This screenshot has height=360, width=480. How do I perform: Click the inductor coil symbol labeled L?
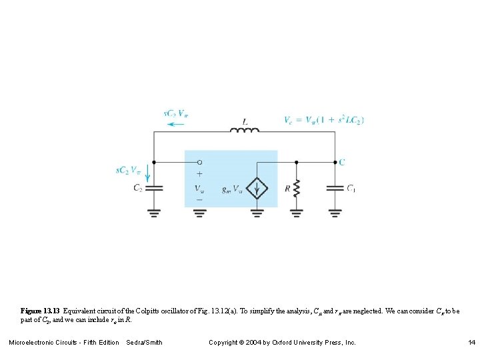245,130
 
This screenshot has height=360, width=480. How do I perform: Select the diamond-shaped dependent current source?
257,188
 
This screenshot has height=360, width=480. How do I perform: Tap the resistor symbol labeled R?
297,189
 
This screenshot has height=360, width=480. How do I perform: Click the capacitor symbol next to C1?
335,189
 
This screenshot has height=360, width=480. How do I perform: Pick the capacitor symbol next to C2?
154,189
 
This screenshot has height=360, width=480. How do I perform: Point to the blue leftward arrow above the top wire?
177,124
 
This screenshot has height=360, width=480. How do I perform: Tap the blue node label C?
342,162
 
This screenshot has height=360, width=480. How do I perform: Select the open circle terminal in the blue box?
199,162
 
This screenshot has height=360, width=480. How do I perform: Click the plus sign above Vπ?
199,173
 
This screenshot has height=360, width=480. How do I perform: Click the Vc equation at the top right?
323,120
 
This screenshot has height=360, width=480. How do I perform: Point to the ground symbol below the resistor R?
297,213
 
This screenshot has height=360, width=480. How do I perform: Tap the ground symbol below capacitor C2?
154,213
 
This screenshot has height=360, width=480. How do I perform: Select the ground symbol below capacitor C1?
335,213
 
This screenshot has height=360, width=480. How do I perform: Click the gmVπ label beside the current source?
233,189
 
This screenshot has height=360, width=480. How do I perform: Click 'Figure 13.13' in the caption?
40,311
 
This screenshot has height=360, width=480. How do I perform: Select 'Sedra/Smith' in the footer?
144,343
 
